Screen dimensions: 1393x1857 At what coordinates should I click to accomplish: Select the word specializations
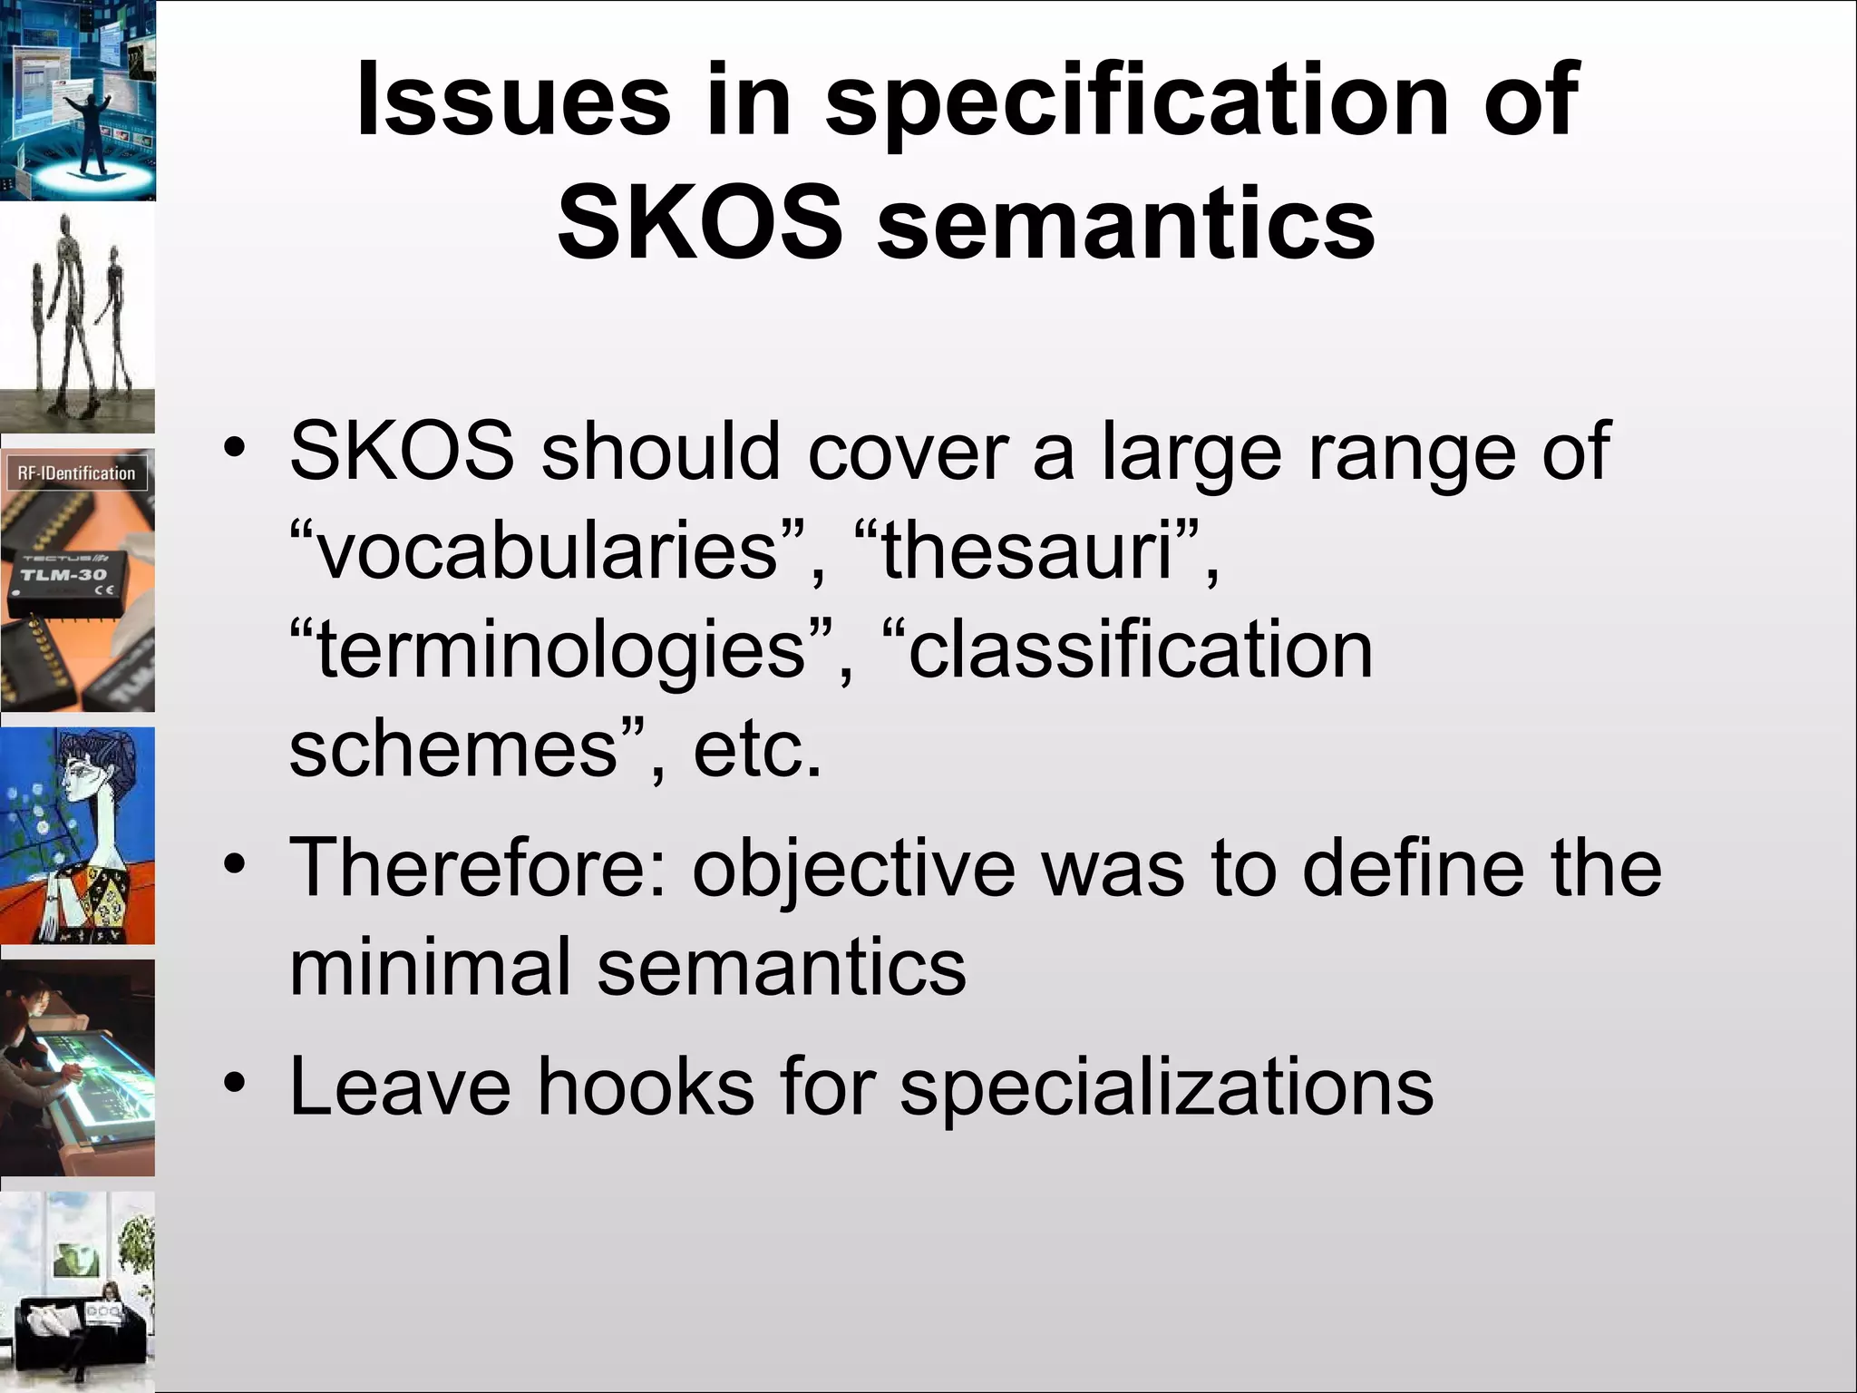1166,1088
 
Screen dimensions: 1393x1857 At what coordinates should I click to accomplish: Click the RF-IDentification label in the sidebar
76,473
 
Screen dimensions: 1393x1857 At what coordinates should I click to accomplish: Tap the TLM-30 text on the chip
63,575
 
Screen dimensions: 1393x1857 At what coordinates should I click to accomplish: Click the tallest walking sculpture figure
69,308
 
